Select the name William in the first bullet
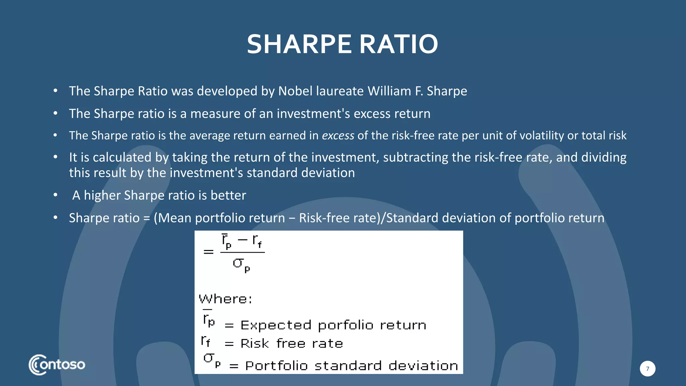tap(389, 91)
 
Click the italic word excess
tap(338, 136)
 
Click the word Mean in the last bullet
tap(175, 218)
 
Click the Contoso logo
tap(57, 365)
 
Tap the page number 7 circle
tap(647, 369)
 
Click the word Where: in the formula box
tap(225, 299)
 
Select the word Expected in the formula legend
tap(276, 325)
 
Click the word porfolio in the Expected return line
tap(345, 325)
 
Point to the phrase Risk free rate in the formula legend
tap(291, 344)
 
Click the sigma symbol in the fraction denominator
tap(238, 263)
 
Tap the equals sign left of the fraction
tap(208, 252)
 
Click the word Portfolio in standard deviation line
tap(276, 366)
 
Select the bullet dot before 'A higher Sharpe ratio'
tap(56, 195)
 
